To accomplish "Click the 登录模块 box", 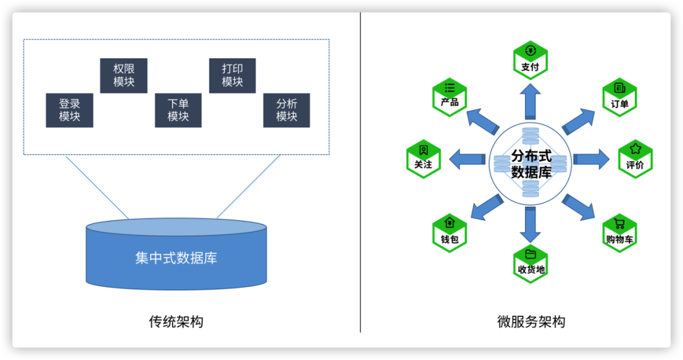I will click(70, 110).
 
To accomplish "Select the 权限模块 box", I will click(123, 75).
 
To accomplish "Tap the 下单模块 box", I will click(178, 110).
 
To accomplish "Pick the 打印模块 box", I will click(232, 75).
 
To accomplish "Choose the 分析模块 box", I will click(286, 110).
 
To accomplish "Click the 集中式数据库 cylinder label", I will click(176, 258).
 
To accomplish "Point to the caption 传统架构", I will click(176, 321).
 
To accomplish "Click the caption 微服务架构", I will click(531, 321).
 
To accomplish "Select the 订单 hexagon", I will click(619, 97).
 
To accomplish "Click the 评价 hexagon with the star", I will click(635, 158).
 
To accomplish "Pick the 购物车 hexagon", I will click(619, 233).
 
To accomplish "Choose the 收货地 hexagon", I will click(531, 263).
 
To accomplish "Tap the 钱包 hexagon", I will click(449, 233).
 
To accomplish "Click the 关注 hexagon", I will click(423, 158).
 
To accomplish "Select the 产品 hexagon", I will click(450, 96).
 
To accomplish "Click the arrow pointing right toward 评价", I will click(590, 159).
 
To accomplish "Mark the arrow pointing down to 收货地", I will click(531, 225).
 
